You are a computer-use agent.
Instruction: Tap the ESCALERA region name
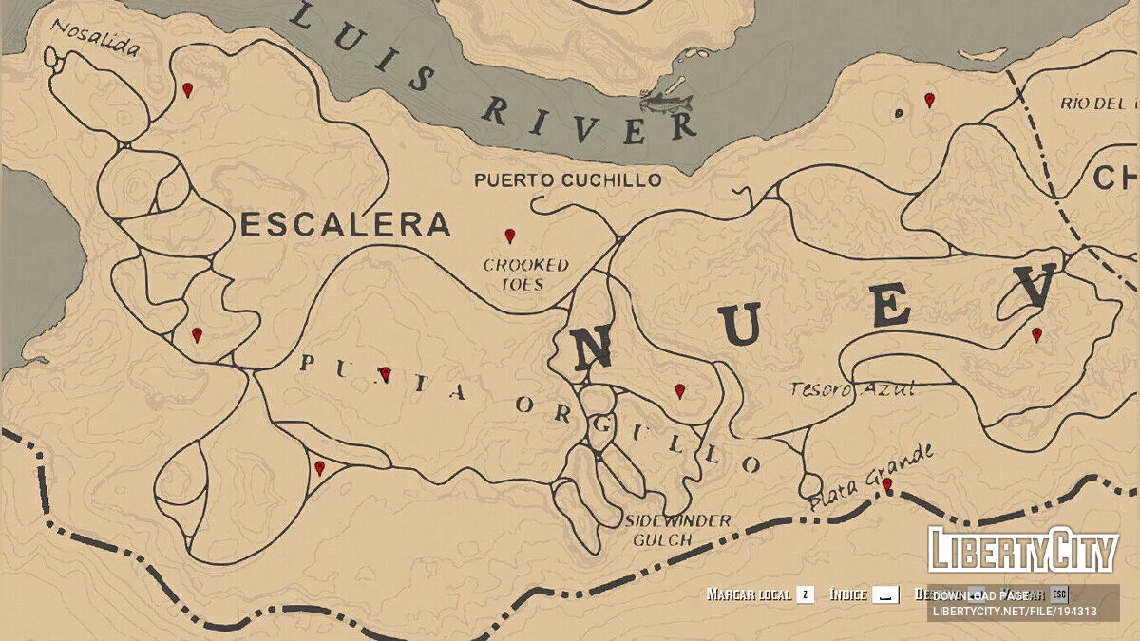pos(345,225)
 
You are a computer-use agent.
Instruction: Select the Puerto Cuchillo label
pos(567,180)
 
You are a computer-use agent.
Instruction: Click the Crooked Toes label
pos(525,274)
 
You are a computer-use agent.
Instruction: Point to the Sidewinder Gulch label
pos(677,530)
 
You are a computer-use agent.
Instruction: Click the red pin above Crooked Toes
pos(510,236)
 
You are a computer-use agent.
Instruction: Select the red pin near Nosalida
pos(188,89)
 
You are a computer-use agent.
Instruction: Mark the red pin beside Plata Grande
pos(887,484)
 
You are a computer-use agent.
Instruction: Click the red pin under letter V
pos(1036,334)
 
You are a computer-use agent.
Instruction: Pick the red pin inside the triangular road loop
pos(320,467)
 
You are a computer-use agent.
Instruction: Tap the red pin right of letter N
pos(679,390)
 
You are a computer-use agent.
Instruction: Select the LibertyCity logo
pos(1023,550)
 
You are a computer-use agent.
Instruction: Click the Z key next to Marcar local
pos(805,594)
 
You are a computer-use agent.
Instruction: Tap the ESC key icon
pos(1059,594)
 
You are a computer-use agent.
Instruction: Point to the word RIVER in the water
pos(589,119)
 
